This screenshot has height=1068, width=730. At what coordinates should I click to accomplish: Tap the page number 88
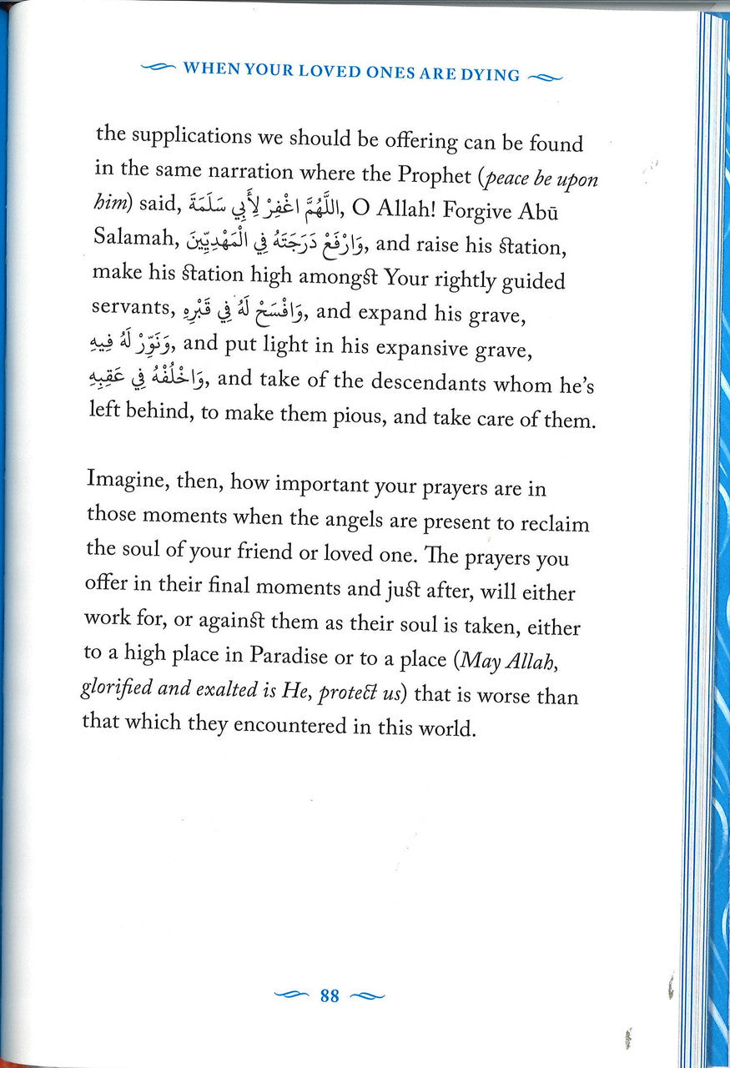(x=330, y=995)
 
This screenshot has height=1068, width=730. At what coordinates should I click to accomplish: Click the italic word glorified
(x=118, y=690)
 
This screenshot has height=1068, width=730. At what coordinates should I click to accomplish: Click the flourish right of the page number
(x=368, y=995)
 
